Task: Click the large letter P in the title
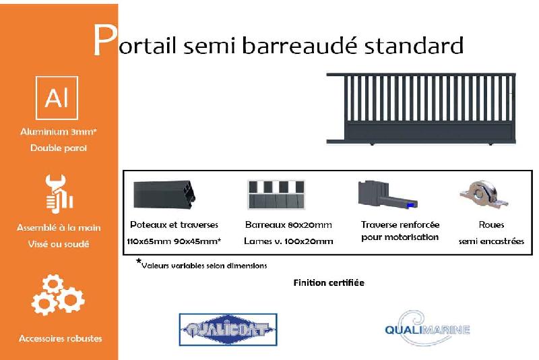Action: coord(104,41)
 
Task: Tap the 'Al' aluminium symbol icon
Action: coord(57,98)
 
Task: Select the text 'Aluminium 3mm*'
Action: coord(59,132)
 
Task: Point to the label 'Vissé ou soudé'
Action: coord(59,244)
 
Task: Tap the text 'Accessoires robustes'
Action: coord(61,338)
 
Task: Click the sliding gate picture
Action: coord(422,108)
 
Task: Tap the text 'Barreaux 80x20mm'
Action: coord(288,224)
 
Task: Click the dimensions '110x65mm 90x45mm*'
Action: coord(174,241)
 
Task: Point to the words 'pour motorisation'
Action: coord(400,237)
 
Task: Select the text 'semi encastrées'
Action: coord(491,241)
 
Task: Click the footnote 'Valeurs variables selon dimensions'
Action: coord(204,265)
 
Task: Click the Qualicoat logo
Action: coord(228,330)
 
